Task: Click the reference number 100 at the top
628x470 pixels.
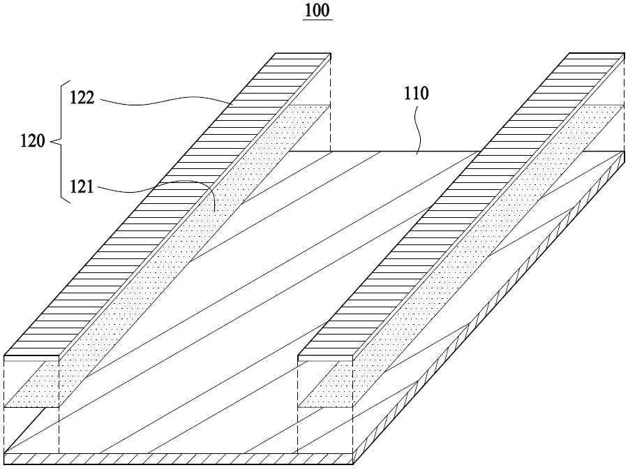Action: point(317,10)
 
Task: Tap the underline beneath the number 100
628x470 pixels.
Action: point(317,20)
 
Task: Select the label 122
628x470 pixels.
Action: point(82,98)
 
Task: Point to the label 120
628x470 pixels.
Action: point(33,141)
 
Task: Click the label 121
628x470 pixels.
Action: point(82,186)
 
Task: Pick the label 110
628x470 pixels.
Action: point(416,94)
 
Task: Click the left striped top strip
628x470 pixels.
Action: point(167,205)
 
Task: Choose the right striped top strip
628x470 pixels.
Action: point(461,205)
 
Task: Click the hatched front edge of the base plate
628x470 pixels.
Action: point(179,459)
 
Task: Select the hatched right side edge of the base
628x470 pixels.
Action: point(489,308)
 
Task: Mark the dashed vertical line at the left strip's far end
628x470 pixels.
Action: point(331,102)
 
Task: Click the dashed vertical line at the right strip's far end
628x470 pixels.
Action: point(625,102)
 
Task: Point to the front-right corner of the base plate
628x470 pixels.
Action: point(353,464)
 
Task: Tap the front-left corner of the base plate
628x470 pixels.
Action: point(4,464)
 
